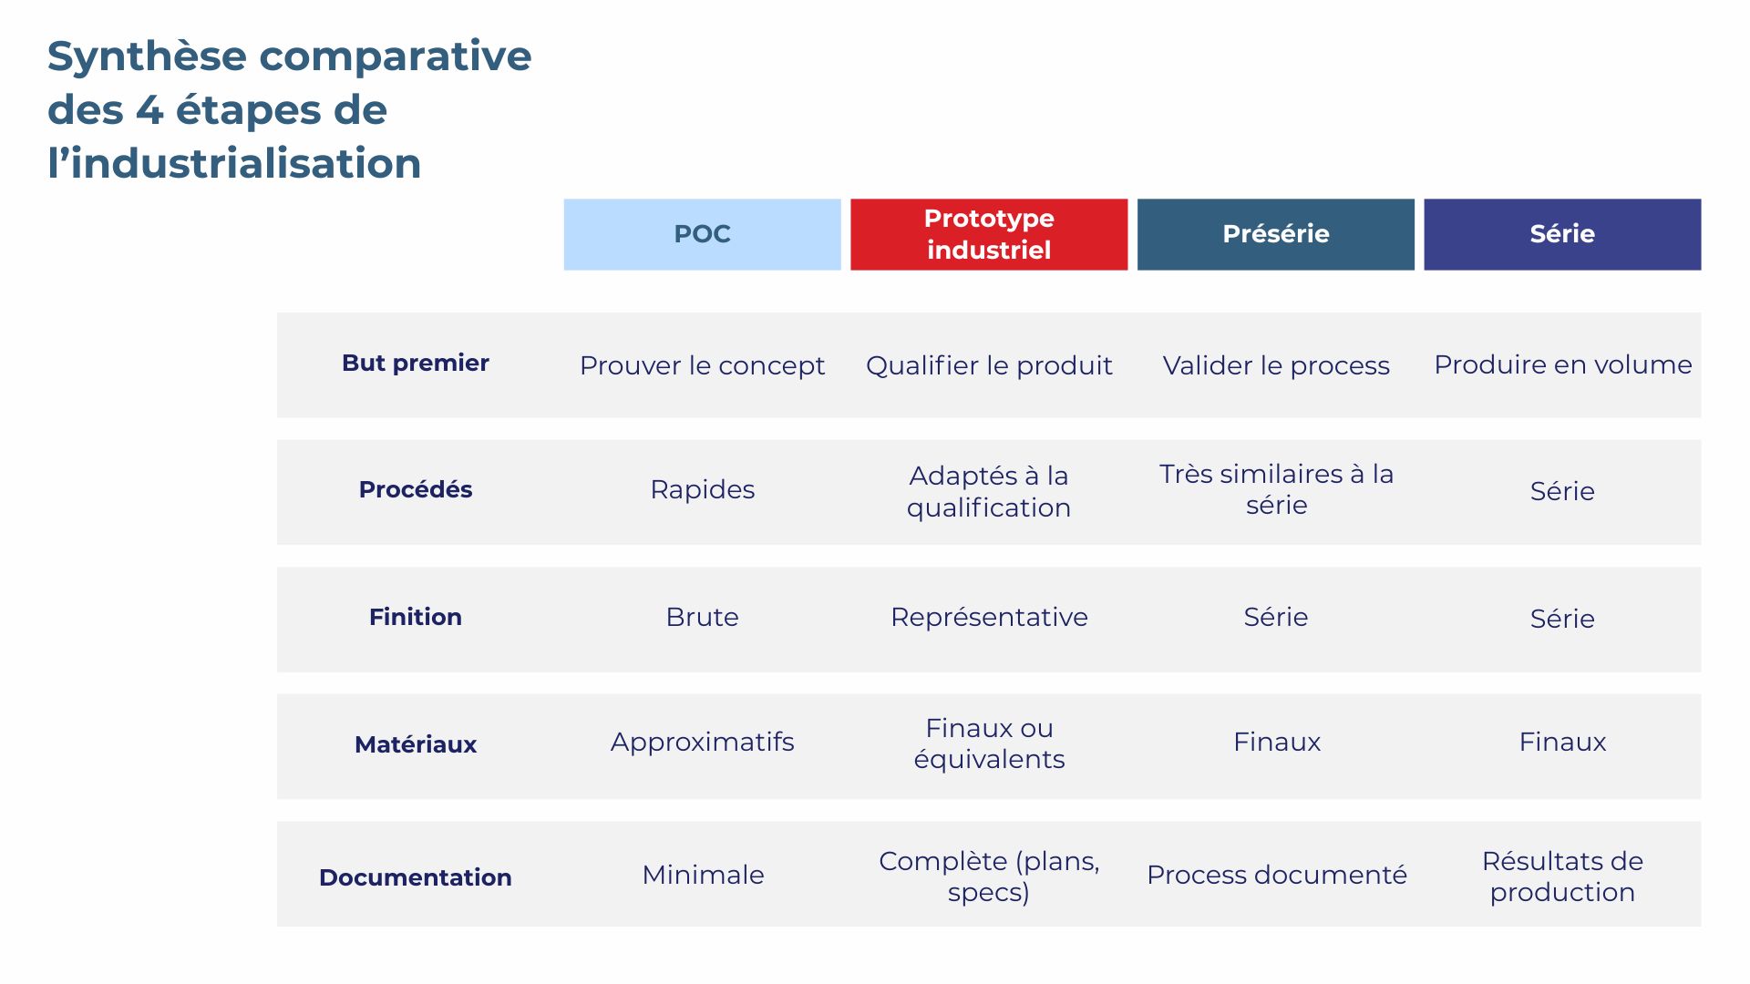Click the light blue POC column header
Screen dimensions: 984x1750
click(x=702, y=234)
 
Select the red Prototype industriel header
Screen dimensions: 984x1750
click(x=989, y=234)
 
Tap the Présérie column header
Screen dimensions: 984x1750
click(x=1275, y=234)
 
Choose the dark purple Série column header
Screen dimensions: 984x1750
click(x=1561, y=234)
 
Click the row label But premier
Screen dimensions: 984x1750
click(x=416, y=363)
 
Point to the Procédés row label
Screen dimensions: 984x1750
click(x=416, y=489)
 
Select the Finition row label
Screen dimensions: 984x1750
click(x=416, y=617)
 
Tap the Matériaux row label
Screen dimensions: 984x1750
click(x=416, y=744)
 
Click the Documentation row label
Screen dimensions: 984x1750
click(x=416, y=876)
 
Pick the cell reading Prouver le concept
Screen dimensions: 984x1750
click(x=702, y=365)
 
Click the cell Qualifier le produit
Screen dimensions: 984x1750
click(x=989, y=365)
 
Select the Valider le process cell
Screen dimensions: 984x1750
click(x=1276, y=365)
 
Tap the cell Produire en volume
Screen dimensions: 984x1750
click(x=1562, y=364)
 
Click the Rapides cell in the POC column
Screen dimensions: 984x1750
click(x=702, y=489)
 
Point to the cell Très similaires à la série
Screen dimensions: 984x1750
click(x=1276, y=489)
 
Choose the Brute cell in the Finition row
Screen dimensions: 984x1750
click(x=702, y=617)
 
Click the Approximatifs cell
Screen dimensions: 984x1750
click(x=702, y=742)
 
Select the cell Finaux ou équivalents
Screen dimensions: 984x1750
click(x=989, y=743)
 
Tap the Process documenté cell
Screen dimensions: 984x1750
click(x=1276, y=875)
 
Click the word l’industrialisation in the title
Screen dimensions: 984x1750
click(x=234, y=164)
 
